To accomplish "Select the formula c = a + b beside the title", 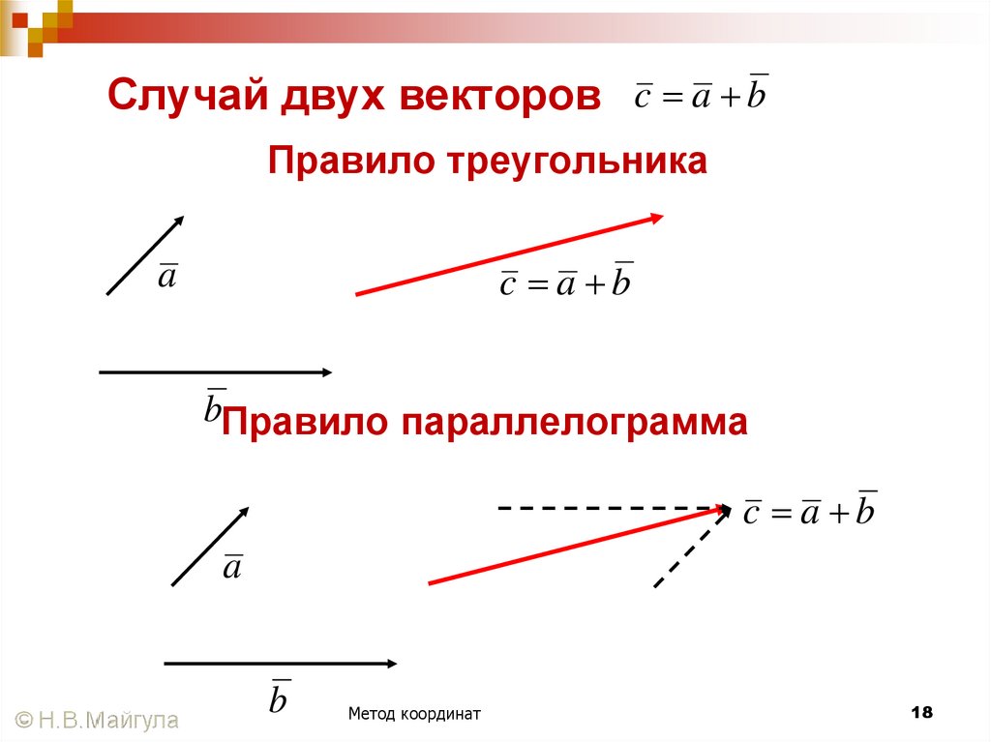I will [701, 94].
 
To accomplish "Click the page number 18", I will [921, 713].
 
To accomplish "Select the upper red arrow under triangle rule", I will [509, 254].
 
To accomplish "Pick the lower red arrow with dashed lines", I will [579, 545].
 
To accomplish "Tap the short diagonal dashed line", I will [689, 549].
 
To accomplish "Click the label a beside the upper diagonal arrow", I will [167, 277].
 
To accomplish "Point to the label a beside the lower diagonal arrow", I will [232, 567].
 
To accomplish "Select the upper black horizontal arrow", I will [215, 371].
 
